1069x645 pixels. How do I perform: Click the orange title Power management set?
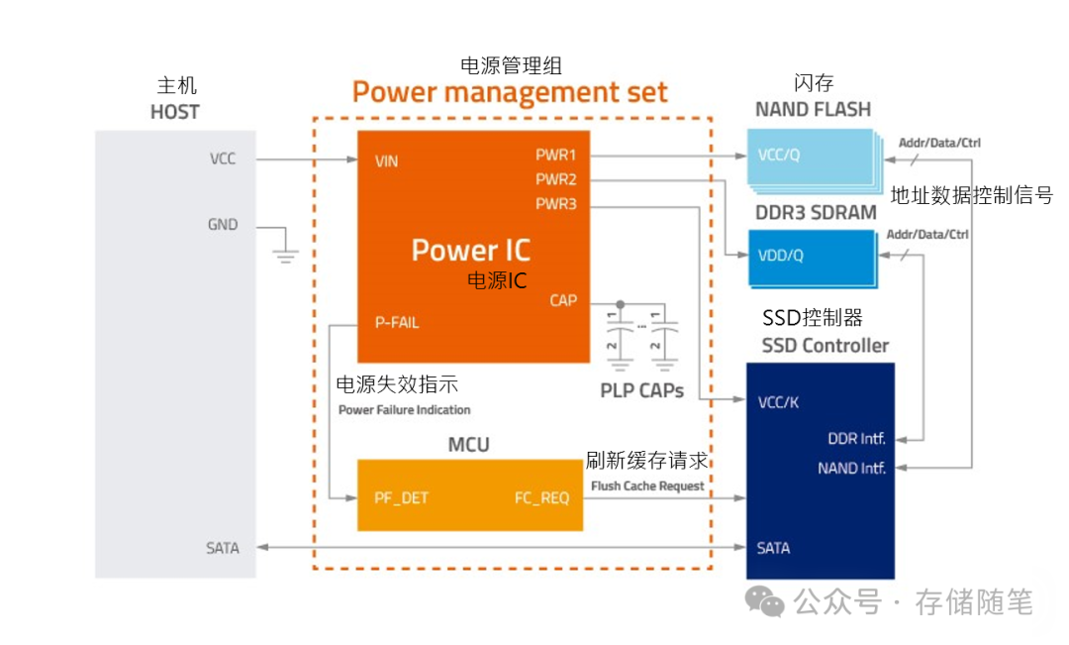(x=510, y=93)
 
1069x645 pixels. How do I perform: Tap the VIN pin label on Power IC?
(x=386, y=161)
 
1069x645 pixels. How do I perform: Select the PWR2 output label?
(x=555, y=180)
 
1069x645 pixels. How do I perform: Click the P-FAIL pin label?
(x=396, y=323)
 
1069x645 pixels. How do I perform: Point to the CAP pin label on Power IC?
(x=563, y=300)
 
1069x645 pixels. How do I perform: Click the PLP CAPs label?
(x=641, y=390)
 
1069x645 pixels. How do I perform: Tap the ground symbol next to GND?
(x=285, y=252)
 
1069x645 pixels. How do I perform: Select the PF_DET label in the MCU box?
(x=401, y=497)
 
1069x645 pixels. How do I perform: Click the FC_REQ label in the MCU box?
(x=541, y=497)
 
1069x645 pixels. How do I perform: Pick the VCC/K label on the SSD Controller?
(x=778, y=403)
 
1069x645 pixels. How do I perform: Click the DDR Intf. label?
(x=856, y=438)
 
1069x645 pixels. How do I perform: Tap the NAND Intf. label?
(x=851, y=468)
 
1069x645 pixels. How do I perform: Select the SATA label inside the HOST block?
(x=223, y=548)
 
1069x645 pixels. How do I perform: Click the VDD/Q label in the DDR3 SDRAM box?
(x=780, y=255)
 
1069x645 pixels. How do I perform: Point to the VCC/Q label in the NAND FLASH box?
(x=778, y=156)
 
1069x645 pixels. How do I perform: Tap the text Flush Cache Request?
(x=647, y=485)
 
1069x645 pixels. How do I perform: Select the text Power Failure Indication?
(x=404, y=409)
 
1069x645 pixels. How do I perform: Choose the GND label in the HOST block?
(x=223, y=225)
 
